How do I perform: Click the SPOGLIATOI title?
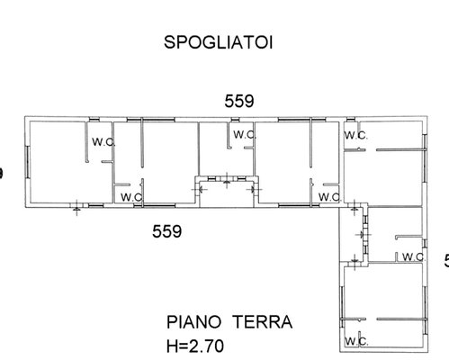(x=219, y=42)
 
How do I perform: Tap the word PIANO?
(x=193, y=322)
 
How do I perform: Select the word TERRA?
(x=263, y=322)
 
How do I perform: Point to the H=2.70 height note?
(x=195, y=346)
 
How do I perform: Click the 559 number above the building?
(x=239, y=101)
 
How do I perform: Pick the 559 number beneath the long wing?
(x=166, y=231)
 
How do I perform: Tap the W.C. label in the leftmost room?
(x=103, y=142)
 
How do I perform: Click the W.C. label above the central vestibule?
(x=245, y=135)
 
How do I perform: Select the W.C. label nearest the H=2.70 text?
(x=356, y=341)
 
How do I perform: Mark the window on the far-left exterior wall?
(x=28, y=162)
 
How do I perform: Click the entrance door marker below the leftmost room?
(x=76, y=207)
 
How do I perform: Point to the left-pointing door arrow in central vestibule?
(x=199, y=189)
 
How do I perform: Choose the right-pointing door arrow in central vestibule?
(x=254, y=189)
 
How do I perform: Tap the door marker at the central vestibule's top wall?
(x=227, y=180)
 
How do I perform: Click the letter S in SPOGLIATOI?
(x=169, y=42)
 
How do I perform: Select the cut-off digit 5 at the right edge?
(x=446, y=260)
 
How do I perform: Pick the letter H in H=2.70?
(x=172, y=346)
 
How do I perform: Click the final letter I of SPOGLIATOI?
(x=271, y=42)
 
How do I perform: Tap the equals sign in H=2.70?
(x=184, y=346)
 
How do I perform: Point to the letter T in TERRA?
(x=239, y=322)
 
